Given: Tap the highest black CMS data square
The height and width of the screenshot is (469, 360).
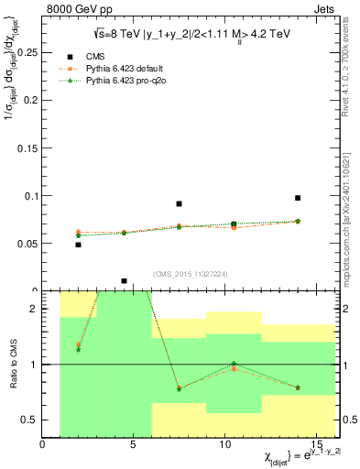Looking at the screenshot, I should tap(298, 198).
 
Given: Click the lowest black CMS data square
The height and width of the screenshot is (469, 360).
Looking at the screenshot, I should tap(124, 281).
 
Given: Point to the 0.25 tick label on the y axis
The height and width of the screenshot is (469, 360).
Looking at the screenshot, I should tap(28, 52).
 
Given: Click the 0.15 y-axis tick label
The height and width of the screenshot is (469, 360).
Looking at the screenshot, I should tap(28, 147).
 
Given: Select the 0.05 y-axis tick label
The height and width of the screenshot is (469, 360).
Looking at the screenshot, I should tap(28, 244).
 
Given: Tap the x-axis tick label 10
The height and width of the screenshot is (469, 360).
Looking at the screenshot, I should tap(226, 445).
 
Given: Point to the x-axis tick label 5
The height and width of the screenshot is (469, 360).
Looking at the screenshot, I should tap(135, 445).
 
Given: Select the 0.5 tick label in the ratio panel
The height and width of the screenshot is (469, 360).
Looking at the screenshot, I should tap(31, 420).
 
